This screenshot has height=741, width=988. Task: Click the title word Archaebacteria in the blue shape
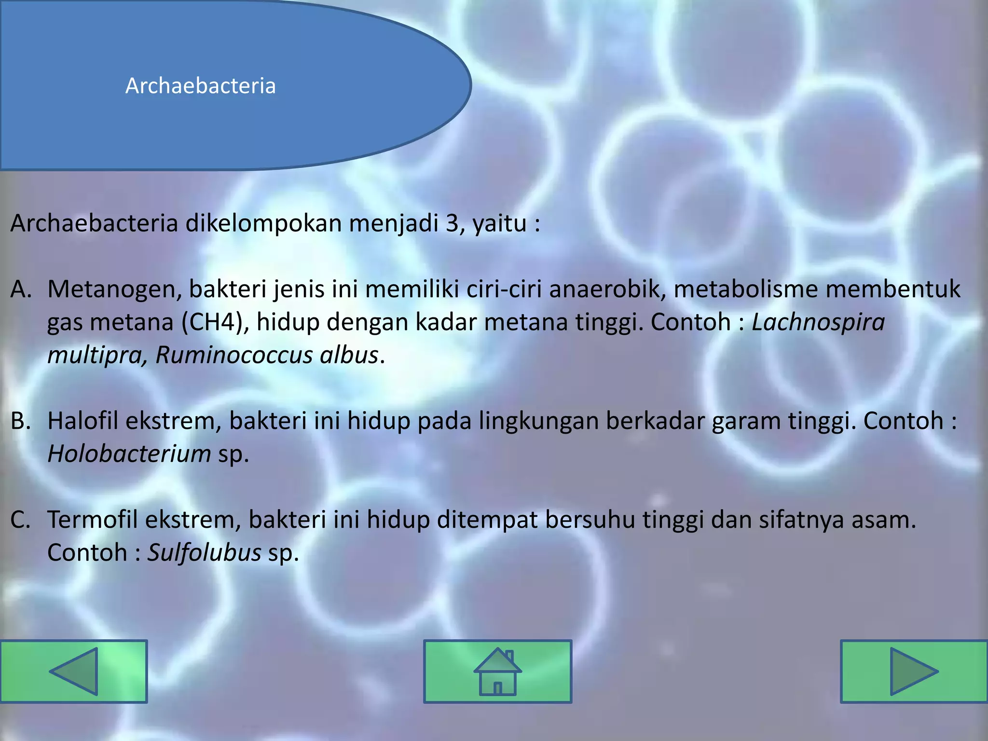pyautogui.click(x=200, y=86)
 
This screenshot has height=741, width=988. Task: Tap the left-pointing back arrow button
pyautogui.click(x=74, y=671)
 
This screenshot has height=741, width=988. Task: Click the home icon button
pyautogui.click(x=497, y=671)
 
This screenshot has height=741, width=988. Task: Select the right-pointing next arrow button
pyautogui.click(x=914, y=671)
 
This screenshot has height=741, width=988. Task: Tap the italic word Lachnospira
pyautogui.click(x=818, y=322)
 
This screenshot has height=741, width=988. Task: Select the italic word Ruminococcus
pyautogui.click(x=234, y=355)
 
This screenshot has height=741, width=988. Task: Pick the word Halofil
pyautogui.click(x=82, y=421)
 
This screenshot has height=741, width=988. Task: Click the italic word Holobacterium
pyautogui.click(x=129, y=454)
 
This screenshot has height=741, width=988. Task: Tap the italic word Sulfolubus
pyautogui.click(x=204, y=553)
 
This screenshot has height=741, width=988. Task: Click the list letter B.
pyautogui.click(x=20, y=421)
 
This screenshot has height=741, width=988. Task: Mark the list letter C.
pyautogui.click(x=20, y=520)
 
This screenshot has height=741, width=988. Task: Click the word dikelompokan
pyautogui.click(x=263, y=223)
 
